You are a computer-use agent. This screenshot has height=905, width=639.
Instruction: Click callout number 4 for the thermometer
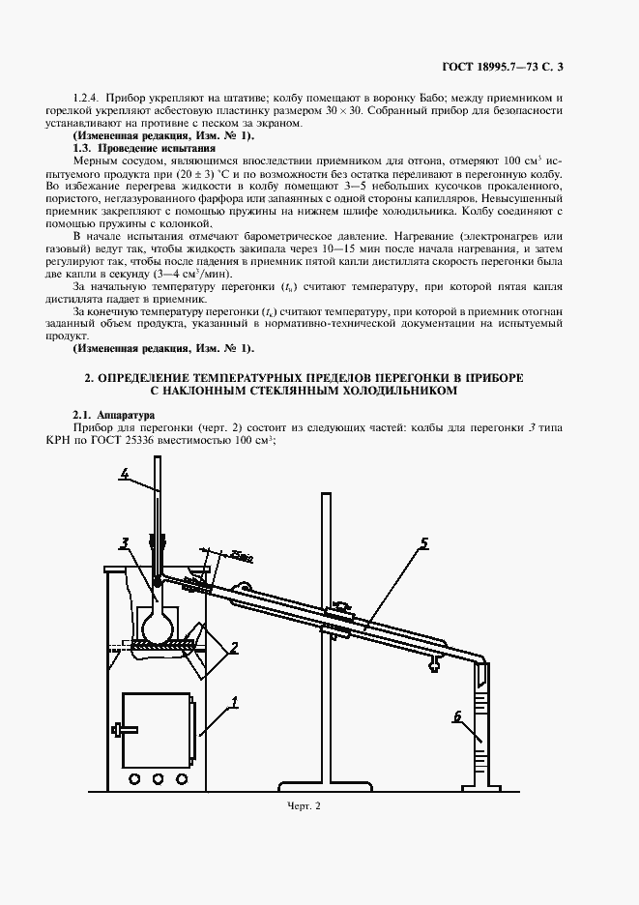126,473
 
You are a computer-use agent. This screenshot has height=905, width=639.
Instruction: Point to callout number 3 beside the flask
126,541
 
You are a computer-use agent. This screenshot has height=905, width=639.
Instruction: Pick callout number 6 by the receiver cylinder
456,716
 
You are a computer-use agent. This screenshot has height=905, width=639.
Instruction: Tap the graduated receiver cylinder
483,725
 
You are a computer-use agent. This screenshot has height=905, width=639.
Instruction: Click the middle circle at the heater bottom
157,776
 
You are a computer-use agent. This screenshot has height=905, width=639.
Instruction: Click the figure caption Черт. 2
304,805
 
